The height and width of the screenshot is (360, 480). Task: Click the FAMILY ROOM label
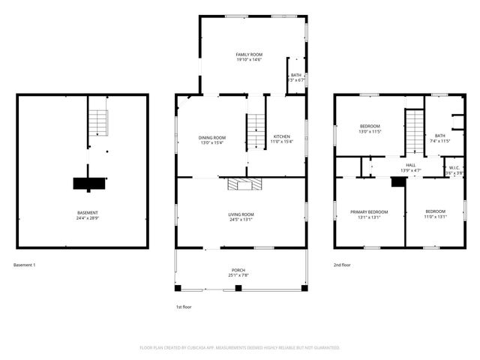tap(249, 55)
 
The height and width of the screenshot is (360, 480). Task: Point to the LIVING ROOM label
tap(241, 214)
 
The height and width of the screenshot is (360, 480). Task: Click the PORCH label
tap(238, 270)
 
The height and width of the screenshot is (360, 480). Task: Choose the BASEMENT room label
tap(88, 213)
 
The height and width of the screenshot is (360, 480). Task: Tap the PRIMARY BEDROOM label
tap(369, 212)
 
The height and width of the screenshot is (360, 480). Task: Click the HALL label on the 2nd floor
tap(411, 165)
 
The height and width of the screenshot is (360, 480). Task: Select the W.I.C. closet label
tap(454, 168)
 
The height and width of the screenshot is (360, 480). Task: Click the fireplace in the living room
tap(244, 184)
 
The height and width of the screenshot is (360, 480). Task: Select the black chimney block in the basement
tap(88, 182)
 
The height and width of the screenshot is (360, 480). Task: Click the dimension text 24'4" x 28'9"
tap(88, 219)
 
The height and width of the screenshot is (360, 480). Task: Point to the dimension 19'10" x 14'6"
tap(249, 61)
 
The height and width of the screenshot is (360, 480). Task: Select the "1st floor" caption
tap(184, 307)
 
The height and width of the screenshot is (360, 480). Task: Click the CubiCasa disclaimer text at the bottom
tap(240, 348)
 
